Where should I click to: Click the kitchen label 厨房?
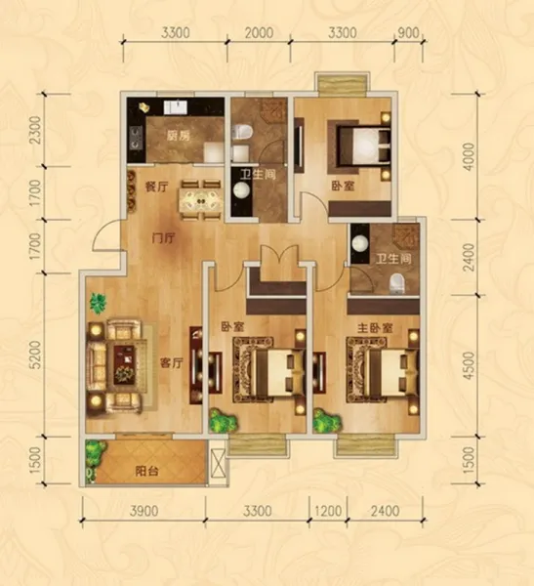[179, 136]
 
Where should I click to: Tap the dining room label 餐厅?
[156, 187]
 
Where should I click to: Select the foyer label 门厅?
[163, 238]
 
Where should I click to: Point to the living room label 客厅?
[172, 362]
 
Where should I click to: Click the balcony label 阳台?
[146, 472]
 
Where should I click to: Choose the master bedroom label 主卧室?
[375, 328]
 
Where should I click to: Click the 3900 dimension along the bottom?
[144, 511]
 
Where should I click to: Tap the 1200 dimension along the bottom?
[328, 511]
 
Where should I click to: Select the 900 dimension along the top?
[408, 33]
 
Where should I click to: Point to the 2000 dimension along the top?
[259, 33]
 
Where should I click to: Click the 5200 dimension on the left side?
[36, 355]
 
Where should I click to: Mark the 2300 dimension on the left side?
[36, 130]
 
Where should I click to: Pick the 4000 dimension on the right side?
[469, 156]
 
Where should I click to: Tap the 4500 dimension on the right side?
[469, 365]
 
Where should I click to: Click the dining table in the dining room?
[201, 200]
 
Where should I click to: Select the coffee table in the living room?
[124, 364]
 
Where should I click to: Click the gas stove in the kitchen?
[136, 138]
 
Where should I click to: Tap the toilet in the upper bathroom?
[242, 132]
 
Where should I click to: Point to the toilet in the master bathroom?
[397, 283]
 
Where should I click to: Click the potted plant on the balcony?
[94, 453]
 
